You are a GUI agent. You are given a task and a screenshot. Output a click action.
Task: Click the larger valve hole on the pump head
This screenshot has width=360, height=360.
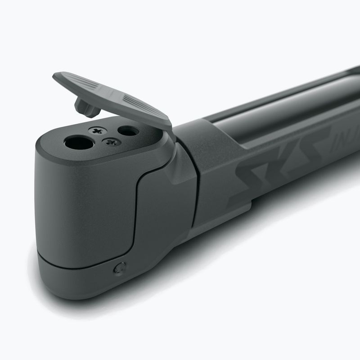pos(79,143)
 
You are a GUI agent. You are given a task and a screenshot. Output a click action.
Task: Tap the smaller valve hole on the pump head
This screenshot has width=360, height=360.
pos(128,131)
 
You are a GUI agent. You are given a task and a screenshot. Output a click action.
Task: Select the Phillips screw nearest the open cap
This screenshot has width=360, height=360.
pos(96,130)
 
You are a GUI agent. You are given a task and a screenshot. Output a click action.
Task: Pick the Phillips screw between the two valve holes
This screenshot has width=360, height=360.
pos(111,142)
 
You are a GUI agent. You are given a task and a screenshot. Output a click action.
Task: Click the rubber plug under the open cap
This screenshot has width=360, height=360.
pos(86,107)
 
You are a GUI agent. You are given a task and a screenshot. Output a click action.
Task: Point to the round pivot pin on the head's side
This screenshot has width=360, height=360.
pos(119,269)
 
